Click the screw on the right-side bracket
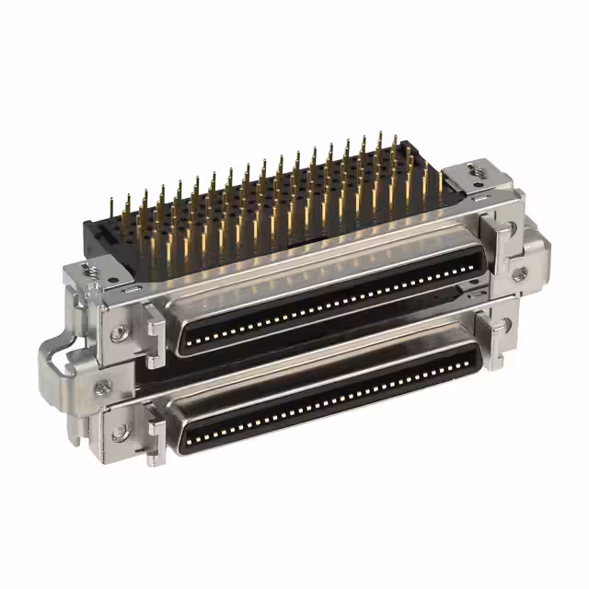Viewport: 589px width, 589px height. (x=519, y=273)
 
